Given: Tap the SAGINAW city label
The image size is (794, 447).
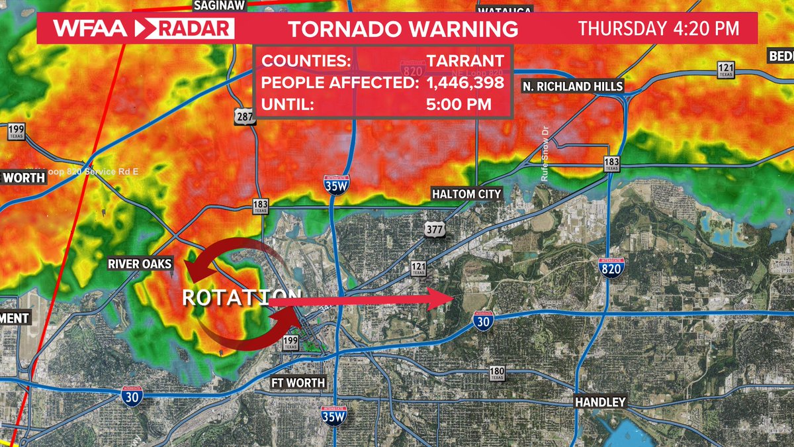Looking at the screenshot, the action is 219,5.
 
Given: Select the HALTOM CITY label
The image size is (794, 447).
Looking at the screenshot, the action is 466,194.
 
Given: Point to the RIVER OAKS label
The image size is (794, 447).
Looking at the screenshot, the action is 140,264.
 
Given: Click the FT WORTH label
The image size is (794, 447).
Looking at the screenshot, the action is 298,383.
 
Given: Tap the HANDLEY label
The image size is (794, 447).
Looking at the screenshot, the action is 599,402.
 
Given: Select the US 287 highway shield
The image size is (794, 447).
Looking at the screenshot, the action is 243,117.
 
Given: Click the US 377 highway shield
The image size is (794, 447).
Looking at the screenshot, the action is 433,228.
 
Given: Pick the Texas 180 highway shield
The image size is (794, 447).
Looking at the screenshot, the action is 498,373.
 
